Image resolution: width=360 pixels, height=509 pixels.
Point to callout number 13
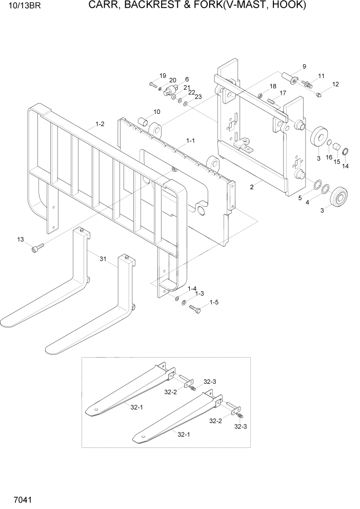coord(21,240)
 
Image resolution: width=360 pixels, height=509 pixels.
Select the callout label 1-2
coord(100,124)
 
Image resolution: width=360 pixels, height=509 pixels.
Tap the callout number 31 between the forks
coord(103,260)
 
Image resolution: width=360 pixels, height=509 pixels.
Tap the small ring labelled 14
coord(346,151)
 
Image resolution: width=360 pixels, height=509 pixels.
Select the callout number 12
coord(335,84)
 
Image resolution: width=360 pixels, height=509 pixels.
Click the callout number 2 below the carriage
coord(252,188)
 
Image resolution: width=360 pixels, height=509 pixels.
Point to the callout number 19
coord(163,76)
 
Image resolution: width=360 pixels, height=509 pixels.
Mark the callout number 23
coord(198,96)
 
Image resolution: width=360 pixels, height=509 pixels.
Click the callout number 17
coord(282,93)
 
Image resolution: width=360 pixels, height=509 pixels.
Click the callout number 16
coord(329,157)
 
